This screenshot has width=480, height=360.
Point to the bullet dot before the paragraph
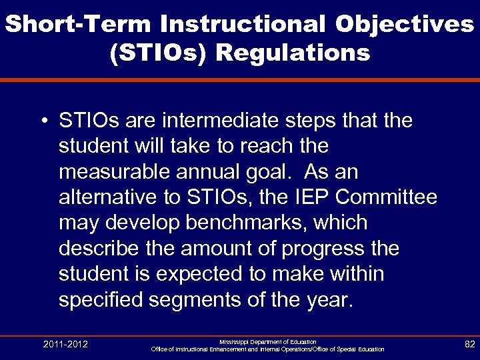pos(42,122)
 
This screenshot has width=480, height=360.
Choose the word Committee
pos(389,197)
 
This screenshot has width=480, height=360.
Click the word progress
pos(321,248)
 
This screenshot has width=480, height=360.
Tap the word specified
pos(101,299)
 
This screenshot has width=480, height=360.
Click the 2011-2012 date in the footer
pos(65,344)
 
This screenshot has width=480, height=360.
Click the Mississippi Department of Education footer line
pos(267,341)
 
